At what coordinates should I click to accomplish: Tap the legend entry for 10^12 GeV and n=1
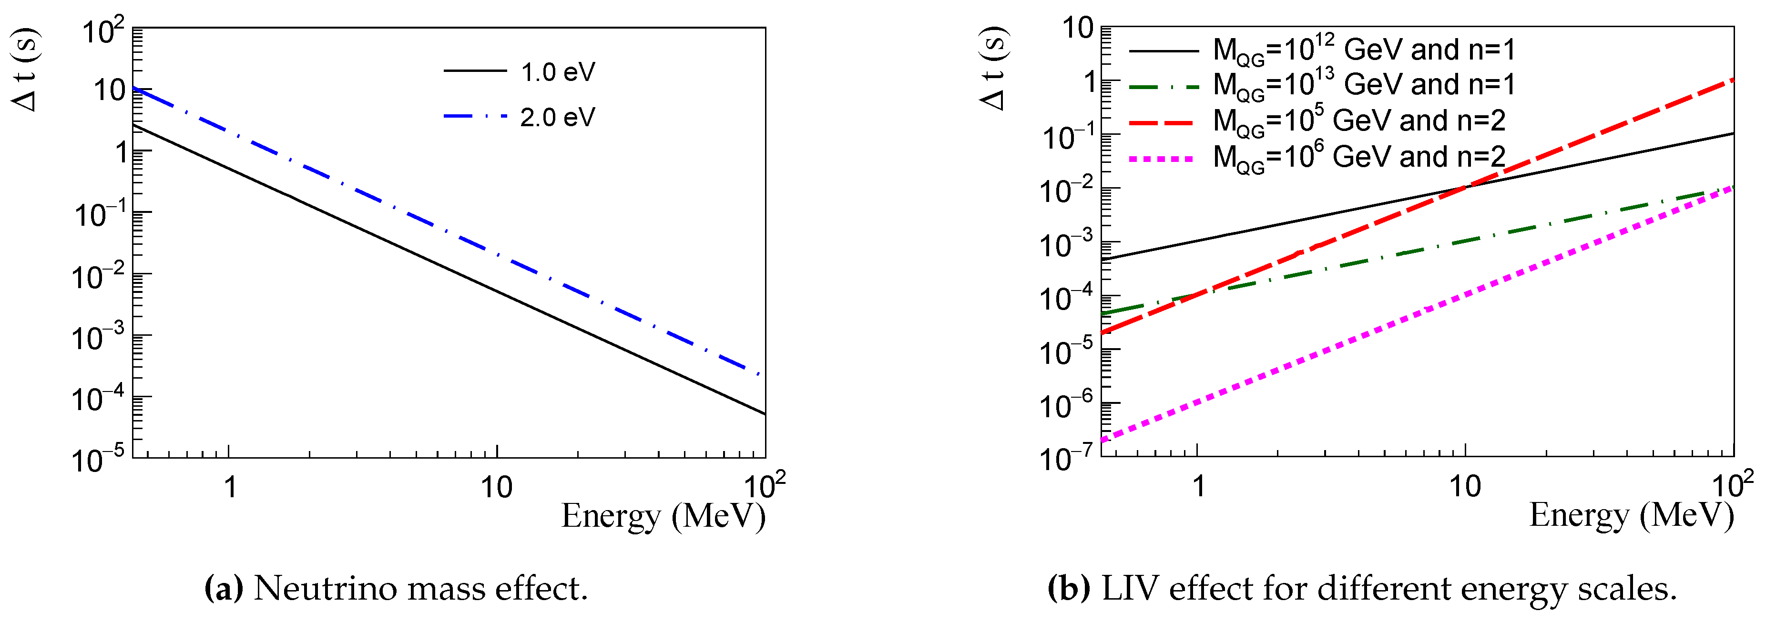click(x=1364, y=50)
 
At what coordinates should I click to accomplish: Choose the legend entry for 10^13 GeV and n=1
click(x=1364, y=85)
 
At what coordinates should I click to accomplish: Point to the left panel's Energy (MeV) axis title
click(x=663, y=515)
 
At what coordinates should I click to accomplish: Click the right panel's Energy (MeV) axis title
click(x=1631, y=514)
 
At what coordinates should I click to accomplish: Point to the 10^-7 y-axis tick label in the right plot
click(x=1066, y=458)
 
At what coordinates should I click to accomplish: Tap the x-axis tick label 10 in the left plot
click(x=496, y=488)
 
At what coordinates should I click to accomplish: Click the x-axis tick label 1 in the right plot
click(x=1198, y=486)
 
